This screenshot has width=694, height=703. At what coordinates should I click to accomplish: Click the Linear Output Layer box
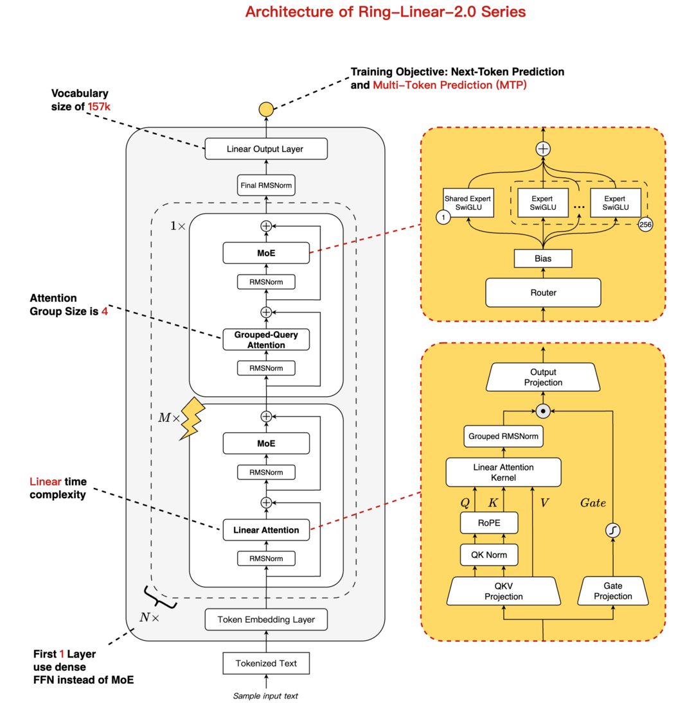click(266, 150)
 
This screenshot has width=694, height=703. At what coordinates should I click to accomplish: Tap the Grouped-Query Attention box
click(266, 340)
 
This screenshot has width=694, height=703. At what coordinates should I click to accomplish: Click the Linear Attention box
click(266, 530)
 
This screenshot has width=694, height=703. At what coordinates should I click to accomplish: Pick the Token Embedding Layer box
click(266, 620)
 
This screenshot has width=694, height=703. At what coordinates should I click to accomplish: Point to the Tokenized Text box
click(266, 664)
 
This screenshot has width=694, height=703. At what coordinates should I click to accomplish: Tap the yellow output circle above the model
click(266, 109)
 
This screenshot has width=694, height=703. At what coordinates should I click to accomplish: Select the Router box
click(543, 292)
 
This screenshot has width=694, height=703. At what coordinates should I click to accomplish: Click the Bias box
click(543, 259)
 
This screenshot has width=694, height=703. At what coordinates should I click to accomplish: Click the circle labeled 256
click(646, 224)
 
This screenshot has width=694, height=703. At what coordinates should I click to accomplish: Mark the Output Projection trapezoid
click(544, 378)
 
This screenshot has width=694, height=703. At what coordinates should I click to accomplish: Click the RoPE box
click(490, 523)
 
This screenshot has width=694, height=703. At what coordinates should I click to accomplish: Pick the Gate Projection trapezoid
click(612, 591)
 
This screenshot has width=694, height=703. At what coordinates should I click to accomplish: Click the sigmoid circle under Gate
click(612, 531)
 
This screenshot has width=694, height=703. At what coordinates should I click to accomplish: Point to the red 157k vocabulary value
click(99, 107)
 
